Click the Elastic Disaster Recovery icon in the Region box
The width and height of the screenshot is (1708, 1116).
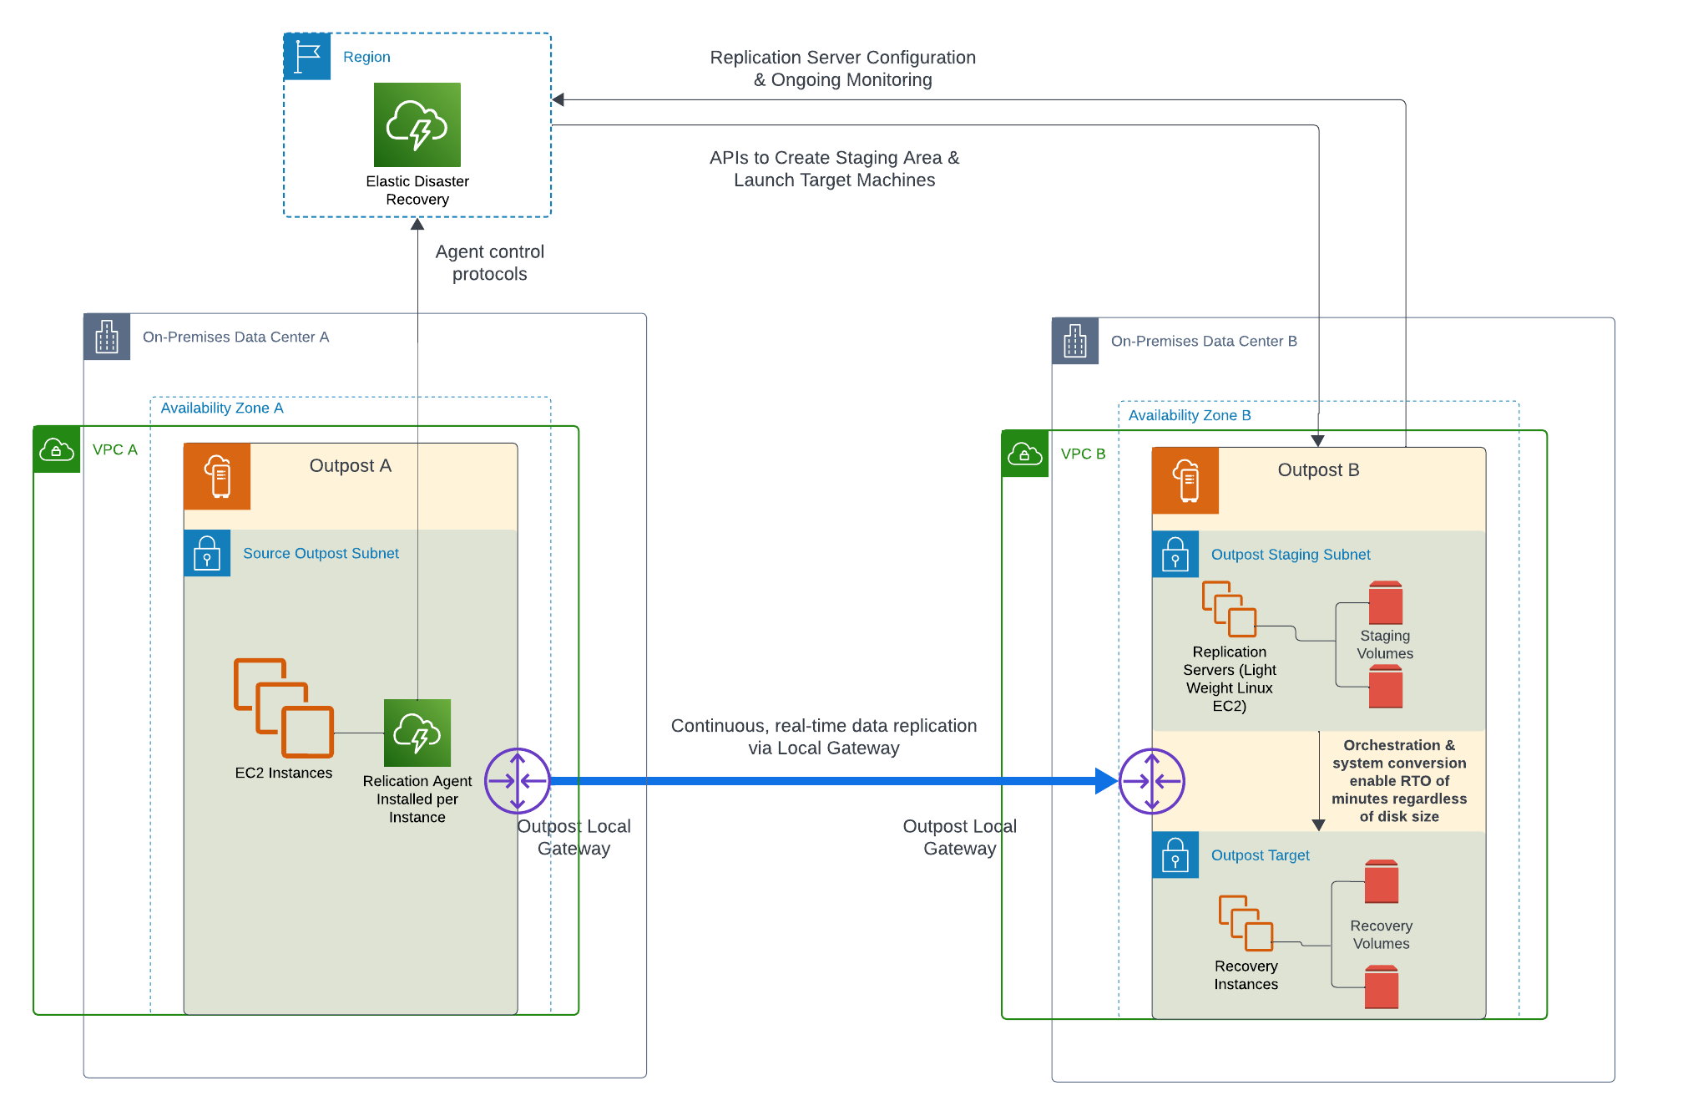pyautogui.click(x=417, y=124)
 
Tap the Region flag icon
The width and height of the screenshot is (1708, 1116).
pyautogui.click(x=307, y=57)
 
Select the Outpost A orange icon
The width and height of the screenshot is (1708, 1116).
pyautogui.click(x=217, y=476)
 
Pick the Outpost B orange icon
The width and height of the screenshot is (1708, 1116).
pyautogui.click(x=1185, y=480)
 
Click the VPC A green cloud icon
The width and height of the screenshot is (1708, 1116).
pyautogui.click(x=57, y=449)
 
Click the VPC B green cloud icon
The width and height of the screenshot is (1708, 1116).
pyautogui.click(x=1025, y=454)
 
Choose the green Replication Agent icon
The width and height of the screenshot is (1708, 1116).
pyautogui.click(x=417, y=733)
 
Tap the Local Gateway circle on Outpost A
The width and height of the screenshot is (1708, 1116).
pyautogui.click(x=518, y=781)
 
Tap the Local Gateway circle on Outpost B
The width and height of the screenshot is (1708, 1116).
pyautogui.click(x=1152, y=781)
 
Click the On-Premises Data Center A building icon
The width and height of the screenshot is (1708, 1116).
pyautogui.click(x=107, y=337)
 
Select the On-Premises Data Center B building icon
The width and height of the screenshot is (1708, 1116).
pyautogui.click(x=1075, y=341)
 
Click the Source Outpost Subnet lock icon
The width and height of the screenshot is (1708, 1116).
pyautogui.click(x=207, y=553)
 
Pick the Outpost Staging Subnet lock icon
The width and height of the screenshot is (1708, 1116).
pyautogui.click(x=1175, y=554)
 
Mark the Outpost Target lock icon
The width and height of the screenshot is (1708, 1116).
pyautogui.click(x=1175, y=855)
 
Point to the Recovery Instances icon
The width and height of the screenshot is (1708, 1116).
pyautogui.click(x=1246, y=923)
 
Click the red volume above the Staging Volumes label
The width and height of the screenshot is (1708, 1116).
pyautogui.click(x=1386, y=603)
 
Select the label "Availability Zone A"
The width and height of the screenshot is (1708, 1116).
pyautogui.click(x=222, y=408)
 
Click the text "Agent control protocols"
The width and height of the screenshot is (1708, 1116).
pyautogui.click(x=490, y=263)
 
